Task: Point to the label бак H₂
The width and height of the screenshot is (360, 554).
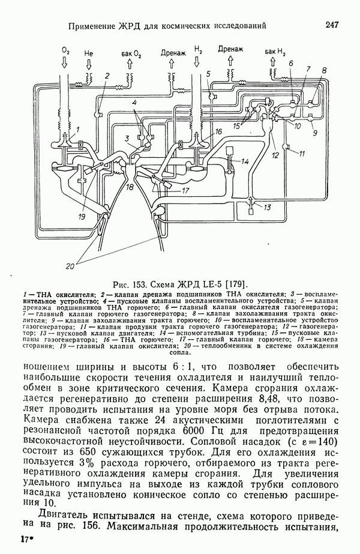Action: click(275, 53)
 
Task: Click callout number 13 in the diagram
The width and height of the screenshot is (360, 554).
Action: click(268, 206)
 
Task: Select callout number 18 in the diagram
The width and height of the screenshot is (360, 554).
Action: click(130, 188)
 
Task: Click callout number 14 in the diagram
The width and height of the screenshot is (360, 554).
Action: click(245, 162)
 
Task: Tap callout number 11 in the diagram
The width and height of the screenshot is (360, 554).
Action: click(302, 154)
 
